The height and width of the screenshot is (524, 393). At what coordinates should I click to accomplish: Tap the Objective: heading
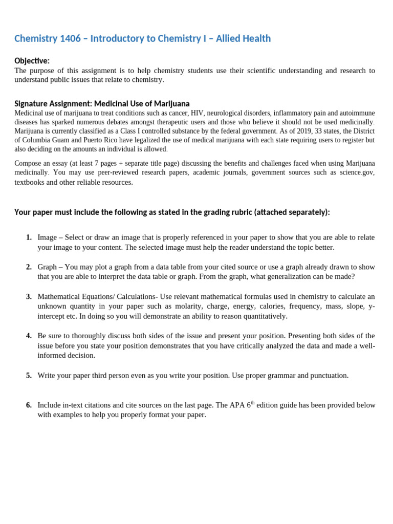point(32,61)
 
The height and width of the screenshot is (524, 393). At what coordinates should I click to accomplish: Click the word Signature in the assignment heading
point(32,103)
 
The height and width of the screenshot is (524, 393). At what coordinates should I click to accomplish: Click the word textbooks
point(29,182)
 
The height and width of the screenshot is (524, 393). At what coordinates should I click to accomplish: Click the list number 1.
point(28,237)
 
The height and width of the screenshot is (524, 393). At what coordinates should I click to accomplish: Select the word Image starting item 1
point(47,237)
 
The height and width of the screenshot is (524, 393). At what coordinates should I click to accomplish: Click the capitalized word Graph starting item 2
point(47,267)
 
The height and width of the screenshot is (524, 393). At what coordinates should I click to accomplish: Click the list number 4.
point(28,336)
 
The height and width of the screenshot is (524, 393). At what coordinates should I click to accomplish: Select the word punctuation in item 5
point(327,376)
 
